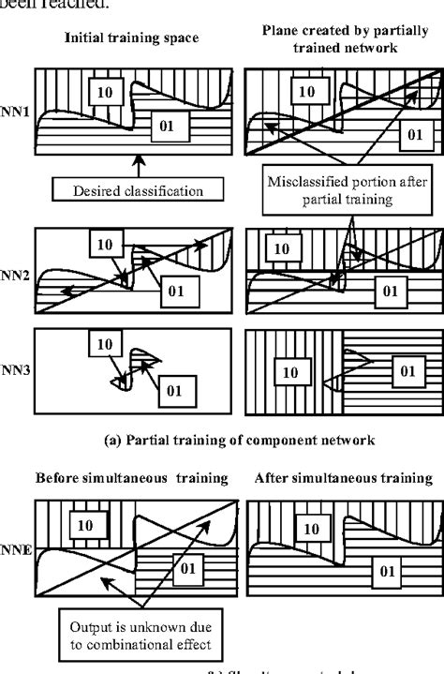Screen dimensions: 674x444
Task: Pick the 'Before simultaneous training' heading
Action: pos(131,479)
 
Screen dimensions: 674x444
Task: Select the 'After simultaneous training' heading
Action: pos(344,479)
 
